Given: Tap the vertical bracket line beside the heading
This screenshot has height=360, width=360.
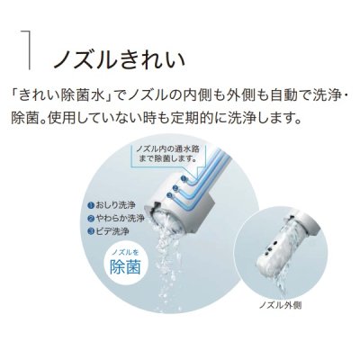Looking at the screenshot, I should point(31,49).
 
